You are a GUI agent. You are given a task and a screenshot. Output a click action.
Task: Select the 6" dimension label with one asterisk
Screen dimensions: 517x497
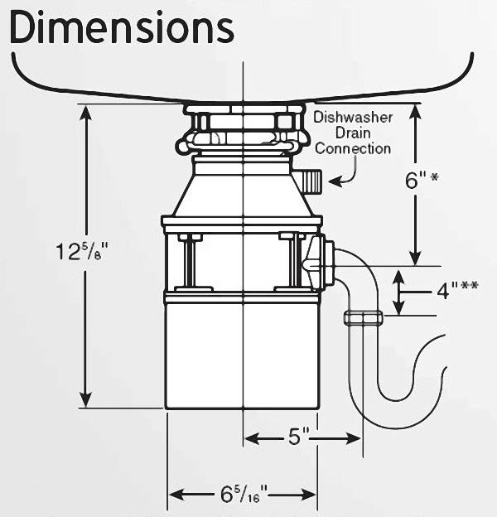click(420, 181)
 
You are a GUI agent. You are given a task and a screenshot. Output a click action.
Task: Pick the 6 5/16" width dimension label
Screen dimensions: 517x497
click(244, 495)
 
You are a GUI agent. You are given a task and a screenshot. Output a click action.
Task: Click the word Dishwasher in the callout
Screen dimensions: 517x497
click(354, 118)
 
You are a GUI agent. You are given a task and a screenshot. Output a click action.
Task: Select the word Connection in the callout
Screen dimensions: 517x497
click(353, 149)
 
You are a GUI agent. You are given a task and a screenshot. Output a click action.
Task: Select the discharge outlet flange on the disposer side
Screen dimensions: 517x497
click(326, 263)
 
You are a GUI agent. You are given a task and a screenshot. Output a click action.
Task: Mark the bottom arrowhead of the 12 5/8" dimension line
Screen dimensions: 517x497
click(84, 401)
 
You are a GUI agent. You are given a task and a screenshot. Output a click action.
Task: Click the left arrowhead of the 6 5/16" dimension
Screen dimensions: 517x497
click(173, 495)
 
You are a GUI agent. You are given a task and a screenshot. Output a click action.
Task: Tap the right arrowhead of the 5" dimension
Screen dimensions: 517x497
click(356, 437)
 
